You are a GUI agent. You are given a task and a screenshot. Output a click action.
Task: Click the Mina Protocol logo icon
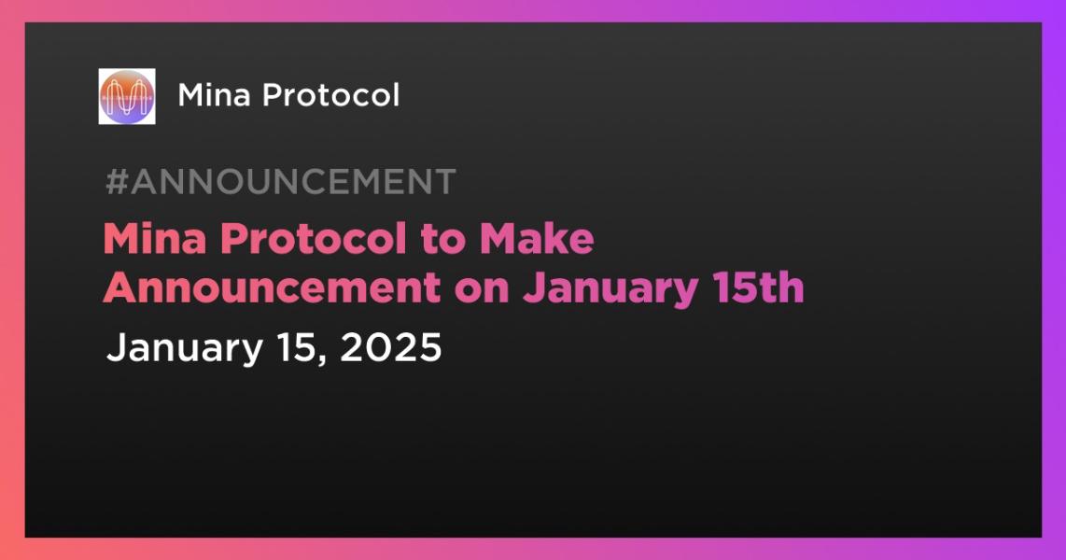pos(126,96)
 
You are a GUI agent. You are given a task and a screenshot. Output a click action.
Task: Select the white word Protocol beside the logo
pos(331,95)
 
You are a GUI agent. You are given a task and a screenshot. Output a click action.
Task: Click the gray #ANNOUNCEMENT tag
pos(281,181)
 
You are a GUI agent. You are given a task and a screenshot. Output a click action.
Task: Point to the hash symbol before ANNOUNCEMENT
pos(117,181)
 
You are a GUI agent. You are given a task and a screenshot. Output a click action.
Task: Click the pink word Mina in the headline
pos(154,239)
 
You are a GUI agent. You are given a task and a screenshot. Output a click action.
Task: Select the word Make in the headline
pos(537,239)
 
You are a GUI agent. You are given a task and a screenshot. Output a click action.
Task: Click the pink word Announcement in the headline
pos(272,287)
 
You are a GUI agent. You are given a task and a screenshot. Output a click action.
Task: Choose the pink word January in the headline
pos(610,288)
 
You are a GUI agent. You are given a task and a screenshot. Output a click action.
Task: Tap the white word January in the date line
pos(184,349)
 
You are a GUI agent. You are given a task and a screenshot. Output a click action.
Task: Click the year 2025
pos(391,347)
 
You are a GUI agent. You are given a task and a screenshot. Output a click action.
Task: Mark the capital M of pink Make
pos(498,239)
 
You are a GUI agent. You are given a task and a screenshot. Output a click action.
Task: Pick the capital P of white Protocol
pos(273,95)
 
